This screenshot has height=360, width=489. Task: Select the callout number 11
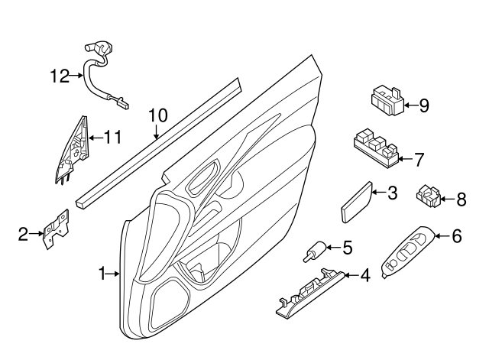point(112,138)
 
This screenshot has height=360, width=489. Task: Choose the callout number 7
point(418,160)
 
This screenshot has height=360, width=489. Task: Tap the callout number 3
point(392,193)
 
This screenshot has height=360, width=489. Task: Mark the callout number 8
point(461,200)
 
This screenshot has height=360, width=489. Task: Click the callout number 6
point(457,236)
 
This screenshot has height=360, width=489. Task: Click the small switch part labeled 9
point(387,100)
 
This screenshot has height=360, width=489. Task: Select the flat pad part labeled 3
point(356,200)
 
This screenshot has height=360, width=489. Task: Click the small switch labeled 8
point(429,196)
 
